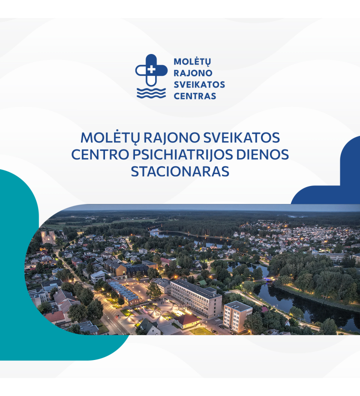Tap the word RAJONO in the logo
193,73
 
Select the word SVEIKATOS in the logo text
199,84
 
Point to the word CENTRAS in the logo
195,96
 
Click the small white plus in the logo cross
151,69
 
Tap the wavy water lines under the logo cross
151,93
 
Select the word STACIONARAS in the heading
180,171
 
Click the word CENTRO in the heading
100,155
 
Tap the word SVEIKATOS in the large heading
241,138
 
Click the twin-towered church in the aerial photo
48,237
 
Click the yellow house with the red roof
188,321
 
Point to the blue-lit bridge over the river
269,279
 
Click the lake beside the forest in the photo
192,239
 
